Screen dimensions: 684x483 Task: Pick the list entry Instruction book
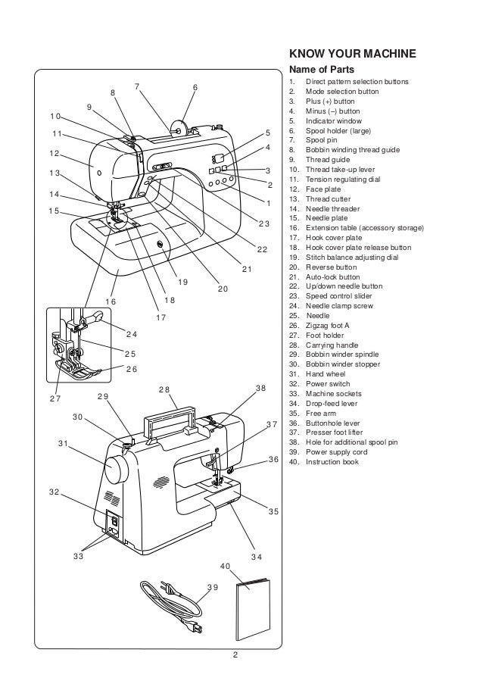332,462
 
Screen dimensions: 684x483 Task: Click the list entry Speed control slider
338,296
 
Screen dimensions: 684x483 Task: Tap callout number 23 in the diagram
263,223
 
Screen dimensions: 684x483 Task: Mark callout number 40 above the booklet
226,566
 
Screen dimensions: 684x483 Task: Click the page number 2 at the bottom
235,655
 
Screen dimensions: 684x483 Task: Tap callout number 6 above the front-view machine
195,88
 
